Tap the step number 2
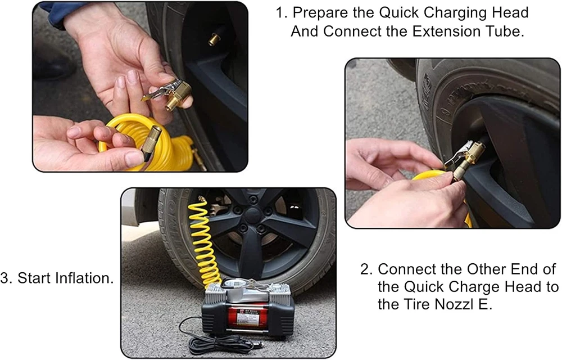point(366,269)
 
